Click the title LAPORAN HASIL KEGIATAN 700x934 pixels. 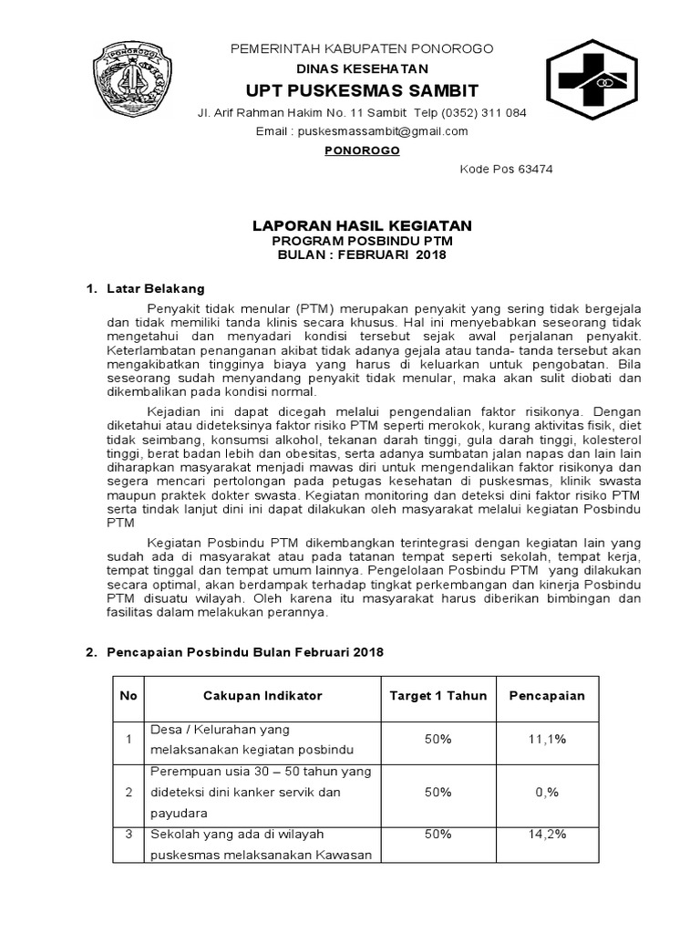pyautogui.click(x=362, y=224)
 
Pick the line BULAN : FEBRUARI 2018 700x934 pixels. pyautogui.click(x=362, y=254)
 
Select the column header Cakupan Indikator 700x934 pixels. pyautogui.click(x=262, y=695)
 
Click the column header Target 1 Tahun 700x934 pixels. pyautogui.click(x=438, y=695)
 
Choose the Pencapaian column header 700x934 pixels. pyautogui.click(x=547, y=695)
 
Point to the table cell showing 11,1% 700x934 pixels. pyautogui.click(x=547, y=740)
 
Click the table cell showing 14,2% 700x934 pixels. pyautogui.click(x=547, y=834)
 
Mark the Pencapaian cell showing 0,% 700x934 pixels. pyautogui.click(x=547, y=792)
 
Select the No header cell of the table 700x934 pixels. pyautogui.click(x=129, y=695)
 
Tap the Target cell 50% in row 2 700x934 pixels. pyautogui.click(x=438, y=792)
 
